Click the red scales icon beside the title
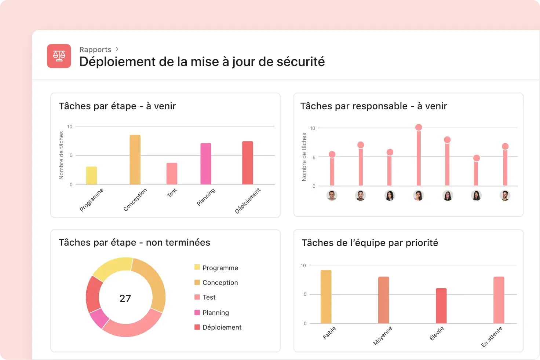pyautogui.click(x=59, y=56)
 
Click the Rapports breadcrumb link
pyautogui.click(x=95, y=49)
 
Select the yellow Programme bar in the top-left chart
pyautogui.click(x=91, y=176)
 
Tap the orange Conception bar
pyautogui.click(x=135, y=160)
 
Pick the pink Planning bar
pyautogui.click(x=206, y=164)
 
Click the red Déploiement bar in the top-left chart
pyautogui.click(x=248, y=163)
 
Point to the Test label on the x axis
pyautogui.click(x=172, y=192)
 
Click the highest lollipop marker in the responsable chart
pyautogui.click(x=419, y=128)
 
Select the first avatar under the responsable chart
pyautogui.click(x=332, y=195)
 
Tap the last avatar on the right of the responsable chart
pyautogui.click(x=505, y=195)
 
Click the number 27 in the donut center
pyautogui.click(x=125, y=298)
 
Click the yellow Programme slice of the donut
pyautogui.click(x=112, y=268)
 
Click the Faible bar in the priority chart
pyautogui.click(x=326, y=297)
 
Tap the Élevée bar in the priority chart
pyautogui.click(x=441, y=306)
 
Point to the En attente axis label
pyautogui.click(x=492, y=337)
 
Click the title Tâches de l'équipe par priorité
pyautogui.click(x=370, y=243)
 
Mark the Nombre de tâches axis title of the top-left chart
pyautogui.click(x=61, y=155)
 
